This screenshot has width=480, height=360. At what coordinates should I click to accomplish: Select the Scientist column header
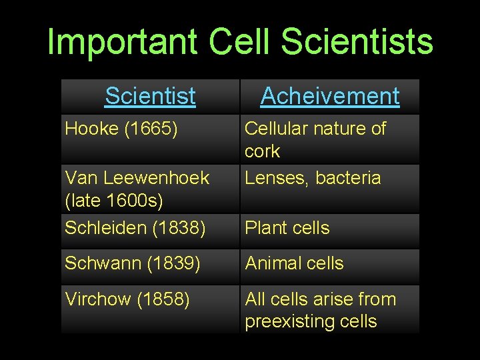pos(150,96)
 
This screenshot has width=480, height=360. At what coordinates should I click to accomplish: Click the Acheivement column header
pos(330,96)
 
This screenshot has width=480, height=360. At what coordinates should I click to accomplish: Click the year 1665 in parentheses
pos(151,129)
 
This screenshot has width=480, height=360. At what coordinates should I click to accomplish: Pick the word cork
pos(262,151)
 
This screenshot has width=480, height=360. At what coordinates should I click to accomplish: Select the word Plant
pos(265,228)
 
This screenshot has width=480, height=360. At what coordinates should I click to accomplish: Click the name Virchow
pos(98,299)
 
